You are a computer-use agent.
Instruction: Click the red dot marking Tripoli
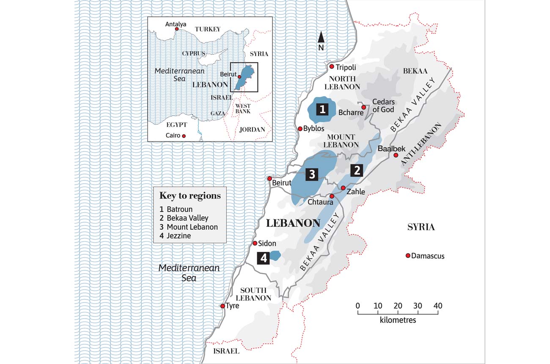point(332,67)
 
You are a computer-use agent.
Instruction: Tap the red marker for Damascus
point(408,256)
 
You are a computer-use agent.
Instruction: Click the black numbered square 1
point(322,110)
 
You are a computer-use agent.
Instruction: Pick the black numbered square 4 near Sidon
point(264,257)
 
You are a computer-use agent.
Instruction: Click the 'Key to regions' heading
point(190,196)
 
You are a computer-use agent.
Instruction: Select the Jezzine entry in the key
point(176,236)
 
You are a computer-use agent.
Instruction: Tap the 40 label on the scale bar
point(437,306)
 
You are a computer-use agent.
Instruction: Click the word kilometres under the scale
point(398,320)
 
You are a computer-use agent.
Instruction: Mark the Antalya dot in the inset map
point(177,29)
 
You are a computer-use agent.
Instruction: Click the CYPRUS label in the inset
point(193,54)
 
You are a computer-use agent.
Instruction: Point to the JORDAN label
point(252,130)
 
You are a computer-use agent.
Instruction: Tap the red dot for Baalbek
point(396,155)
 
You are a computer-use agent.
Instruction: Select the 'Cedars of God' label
point(383,106)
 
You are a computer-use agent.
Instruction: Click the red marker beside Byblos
point(300,129)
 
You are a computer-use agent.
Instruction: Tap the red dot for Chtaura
point(332,196)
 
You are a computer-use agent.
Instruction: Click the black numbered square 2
point(357,171)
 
